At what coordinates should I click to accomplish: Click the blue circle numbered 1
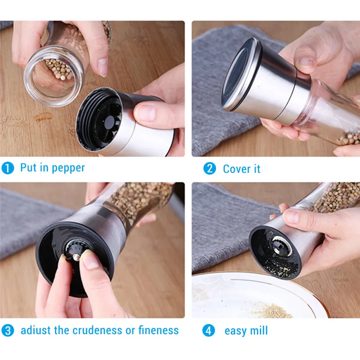(x=8, y=168)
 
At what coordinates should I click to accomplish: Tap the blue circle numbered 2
(x=210, y=168)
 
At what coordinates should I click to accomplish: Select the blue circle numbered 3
(x=8, y=331)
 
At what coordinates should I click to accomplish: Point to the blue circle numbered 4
(x=208, y=331)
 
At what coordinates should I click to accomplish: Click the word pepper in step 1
(x=68, y=168)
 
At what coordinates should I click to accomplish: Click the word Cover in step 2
(x=237, y=169)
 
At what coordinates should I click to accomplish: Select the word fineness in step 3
(x=158, y=330)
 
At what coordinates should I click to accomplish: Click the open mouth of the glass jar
(x=54, y=76)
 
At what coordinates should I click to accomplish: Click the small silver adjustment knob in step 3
(x=76, y=256)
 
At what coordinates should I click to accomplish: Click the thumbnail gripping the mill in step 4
(x=292, y=216)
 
